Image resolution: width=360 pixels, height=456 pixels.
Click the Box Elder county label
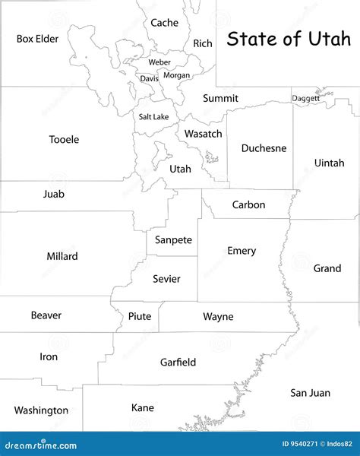tap(37, 38)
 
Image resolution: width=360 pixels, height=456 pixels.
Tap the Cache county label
tap(164, 23)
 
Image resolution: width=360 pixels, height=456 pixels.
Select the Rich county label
tap(203, 43)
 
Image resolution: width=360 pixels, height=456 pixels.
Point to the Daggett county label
tap(306, 98)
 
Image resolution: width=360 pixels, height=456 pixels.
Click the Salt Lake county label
tap(153, 117)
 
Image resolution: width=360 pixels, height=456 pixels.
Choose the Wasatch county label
tap(204, 134)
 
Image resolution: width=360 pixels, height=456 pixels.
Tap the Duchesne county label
tap(264, 148)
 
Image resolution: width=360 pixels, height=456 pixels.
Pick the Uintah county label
tap(329, 163)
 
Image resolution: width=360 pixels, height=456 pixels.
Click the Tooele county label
tap(64, 139)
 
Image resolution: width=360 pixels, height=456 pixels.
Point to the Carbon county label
tap(248, 204)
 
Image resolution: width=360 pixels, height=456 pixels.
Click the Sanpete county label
tap(173, 239)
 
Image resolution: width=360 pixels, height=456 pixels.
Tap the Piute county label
tap(139, 316)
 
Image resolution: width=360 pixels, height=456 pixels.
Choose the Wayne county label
tap(218, 316)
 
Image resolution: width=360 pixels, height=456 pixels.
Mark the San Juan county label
tap(310, 393)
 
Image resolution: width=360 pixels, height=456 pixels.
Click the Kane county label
tap(142, 408)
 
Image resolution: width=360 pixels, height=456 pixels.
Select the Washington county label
tap(41, 410)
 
